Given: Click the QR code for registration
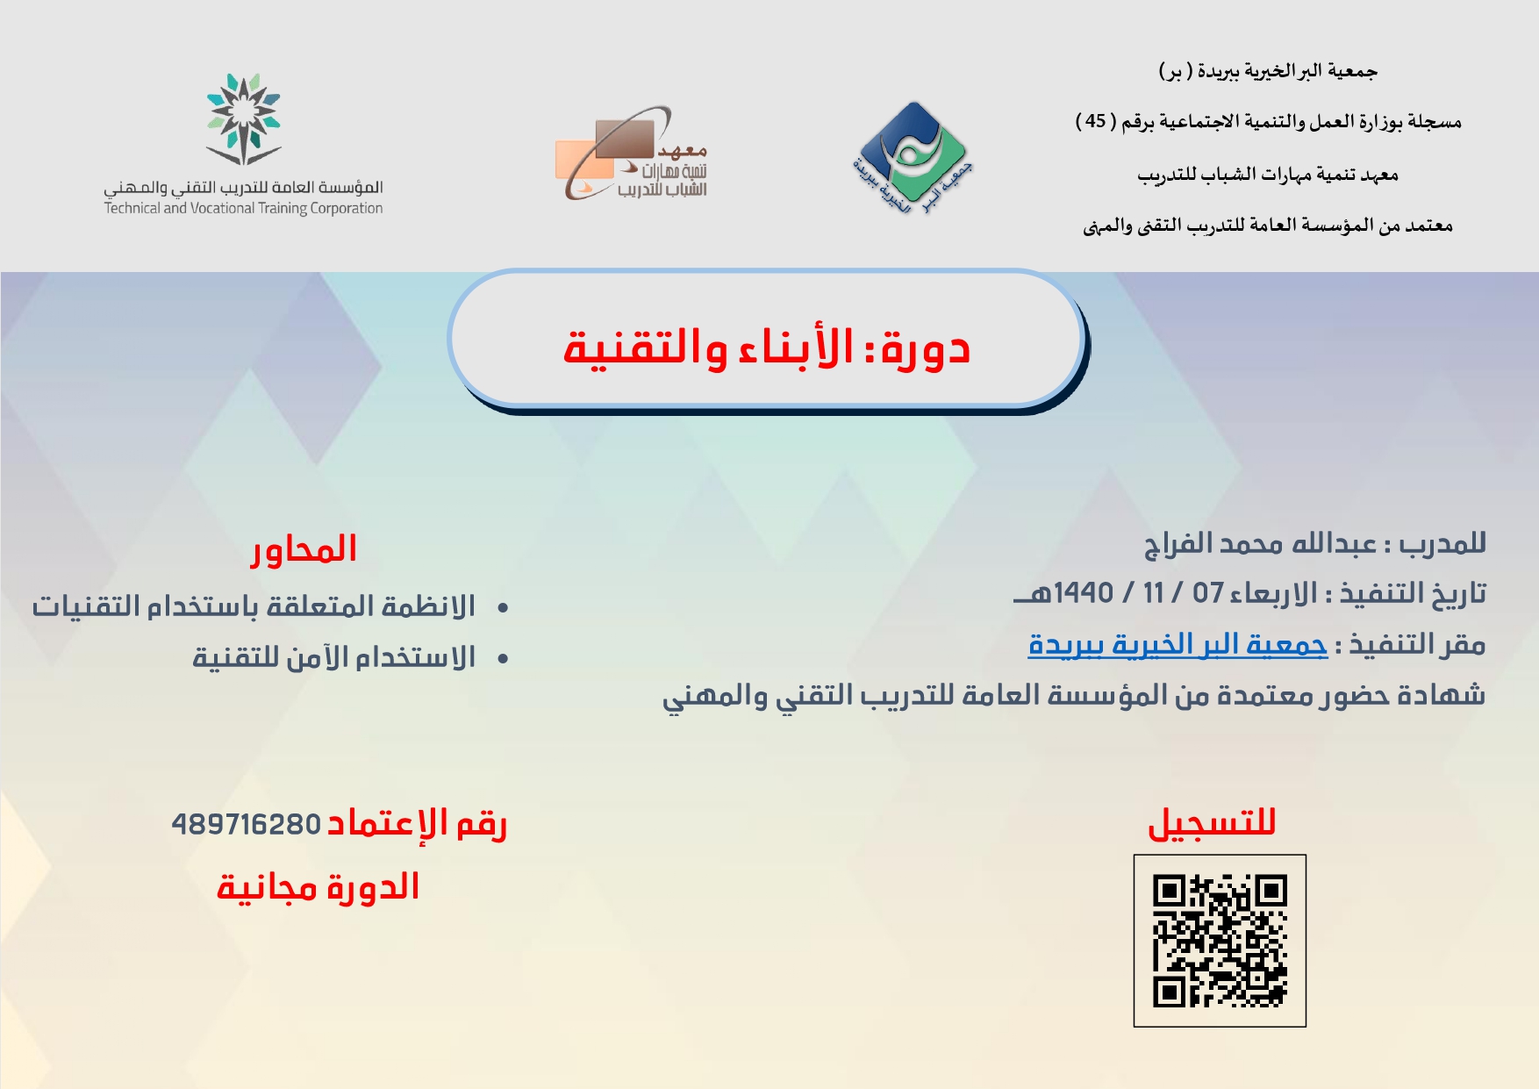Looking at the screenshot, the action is [x=1220, y=941].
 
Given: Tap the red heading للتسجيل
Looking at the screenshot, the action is [x=1212, y=823].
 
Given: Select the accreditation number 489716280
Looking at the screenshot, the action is [x=247, y=825].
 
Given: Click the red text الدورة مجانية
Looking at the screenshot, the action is [x=318, y=887].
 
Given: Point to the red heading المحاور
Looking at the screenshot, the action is [x=304, y=549].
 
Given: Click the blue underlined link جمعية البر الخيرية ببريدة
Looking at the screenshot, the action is [x=1178, y=645].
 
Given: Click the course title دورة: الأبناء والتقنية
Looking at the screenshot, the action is [x=766, y=347].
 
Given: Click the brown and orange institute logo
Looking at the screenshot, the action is [x=632, y=154].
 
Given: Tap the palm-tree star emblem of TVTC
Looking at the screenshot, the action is [x=244, y=119].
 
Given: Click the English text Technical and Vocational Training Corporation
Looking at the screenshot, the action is [x=243, y=208].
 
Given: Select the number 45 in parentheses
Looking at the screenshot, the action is [x=1096, y=121].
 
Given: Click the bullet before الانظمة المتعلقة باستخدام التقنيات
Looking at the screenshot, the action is [x=503, y=608].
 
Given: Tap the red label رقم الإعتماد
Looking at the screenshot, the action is [x=417, y=825].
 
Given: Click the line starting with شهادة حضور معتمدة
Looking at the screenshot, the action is [x=1074, y=696].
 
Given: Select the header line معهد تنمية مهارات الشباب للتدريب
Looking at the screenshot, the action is [x=1268, y=175].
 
